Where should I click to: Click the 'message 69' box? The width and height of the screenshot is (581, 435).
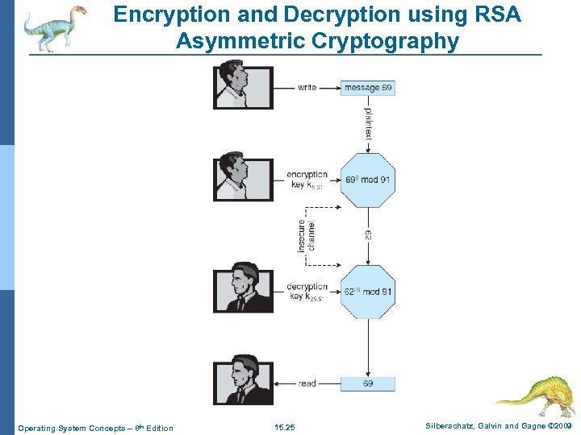click(x=367, y=87)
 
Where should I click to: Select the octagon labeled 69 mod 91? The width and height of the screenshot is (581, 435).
click(x=368, y=179)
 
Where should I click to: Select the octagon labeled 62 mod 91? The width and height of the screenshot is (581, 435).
click(x=368, y=291)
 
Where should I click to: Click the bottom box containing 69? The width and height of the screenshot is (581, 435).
click(x=367, y=383)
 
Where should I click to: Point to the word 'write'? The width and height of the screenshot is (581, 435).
click(x=307, y=87)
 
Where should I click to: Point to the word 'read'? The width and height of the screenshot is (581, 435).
click(x=307, y=383)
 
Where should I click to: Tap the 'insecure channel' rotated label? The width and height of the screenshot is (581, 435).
click(x=307, y=235)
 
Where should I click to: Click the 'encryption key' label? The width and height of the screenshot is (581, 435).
click(x=307, y=180)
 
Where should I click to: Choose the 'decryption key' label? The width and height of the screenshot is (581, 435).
click(x=307, y=291)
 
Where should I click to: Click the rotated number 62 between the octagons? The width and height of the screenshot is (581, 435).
click(x=368, y=235)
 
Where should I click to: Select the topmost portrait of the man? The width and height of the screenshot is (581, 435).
click(x=243, y=85)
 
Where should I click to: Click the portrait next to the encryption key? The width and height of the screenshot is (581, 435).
click(x=243, y=177)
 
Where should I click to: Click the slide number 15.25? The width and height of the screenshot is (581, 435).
click(x=284, y=428)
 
